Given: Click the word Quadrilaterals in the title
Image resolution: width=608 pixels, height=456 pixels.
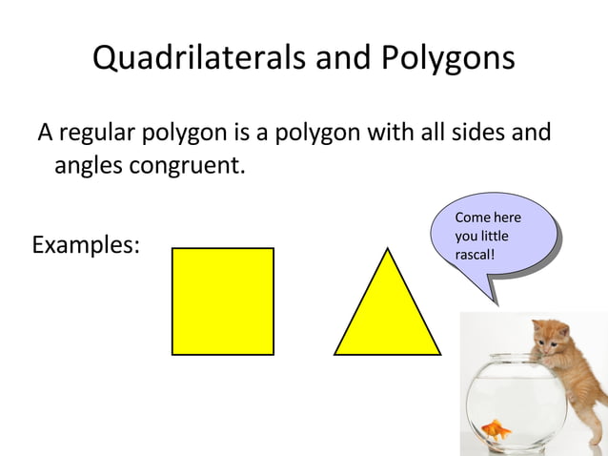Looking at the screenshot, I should tap(197, 58).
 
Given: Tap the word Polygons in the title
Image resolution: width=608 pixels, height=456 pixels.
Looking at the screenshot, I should tap(448, 58).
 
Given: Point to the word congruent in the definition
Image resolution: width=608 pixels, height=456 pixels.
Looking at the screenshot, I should tap(188, 166).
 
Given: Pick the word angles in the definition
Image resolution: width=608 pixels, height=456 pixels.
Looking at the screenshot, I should tap(88, 166).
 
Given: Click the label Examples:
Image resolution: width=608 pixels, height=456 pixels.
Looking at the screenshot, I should tap(86, 245).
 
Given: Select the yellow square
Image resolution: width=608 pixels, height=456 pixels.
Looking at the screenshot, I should tap(223, 301).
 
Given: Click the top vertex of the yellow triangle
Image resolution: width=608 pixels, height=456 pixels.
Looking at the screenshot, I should tap(387, 250).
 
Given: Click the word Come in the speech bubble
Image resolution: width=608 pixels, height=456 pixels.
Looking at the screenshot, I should tap(472, 218).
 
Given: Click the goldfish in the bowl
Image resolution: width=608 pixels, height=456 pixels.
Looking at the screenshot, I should tap(496, 430).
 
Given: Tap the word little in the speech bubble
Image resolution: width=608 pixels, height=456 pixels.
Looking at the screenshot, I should tap(494, 236).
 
